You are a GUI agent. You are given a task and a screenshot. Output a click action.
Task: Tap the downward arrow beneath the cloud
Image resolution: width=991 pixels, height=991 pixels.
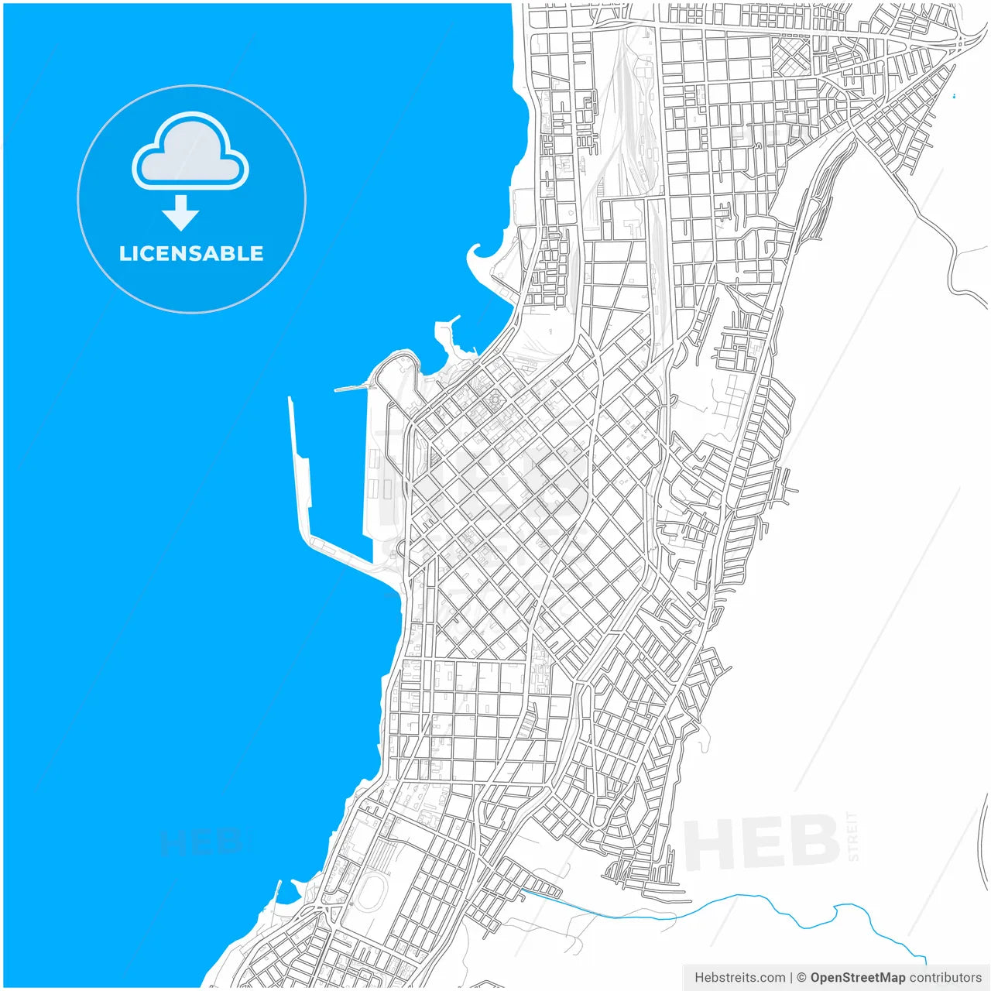pyautogui.click(x=181, y=214)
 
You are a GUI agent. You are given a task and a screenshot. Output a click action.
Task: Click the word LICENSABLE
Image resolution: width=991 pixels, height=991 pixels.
pyautogui.click(x=191, y=254)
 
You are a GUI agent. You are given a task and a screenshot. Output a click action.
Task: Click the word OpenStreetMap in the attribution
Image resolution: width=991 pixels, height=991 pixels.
pyautogui.click(x=857, y=978)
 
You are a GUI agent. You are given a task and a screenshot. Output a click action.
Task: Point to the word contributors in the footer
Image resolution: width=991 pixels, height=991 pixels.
pyautogui.click(x=945, y=978)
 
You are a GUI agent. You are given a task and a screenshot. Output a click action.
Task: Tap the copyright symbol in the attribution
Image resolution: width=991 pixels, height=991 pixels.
pyautogui.click(x=801, y=978)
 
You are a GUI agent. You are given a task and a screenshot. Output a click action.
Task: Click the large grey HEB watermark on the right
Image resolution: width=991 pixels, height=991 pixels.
pyautogui.click(x=762, y=843)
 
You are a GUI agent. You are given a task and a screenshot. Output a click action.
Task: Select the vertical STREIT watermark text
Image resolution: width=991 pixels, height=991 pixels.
pyautogui.click(x=853, y=836)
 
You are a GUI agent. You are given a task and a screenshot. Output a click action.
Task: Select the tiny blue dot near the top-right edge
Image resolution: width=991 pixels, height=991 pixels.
pyautogui.click(x=954, y=96)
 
